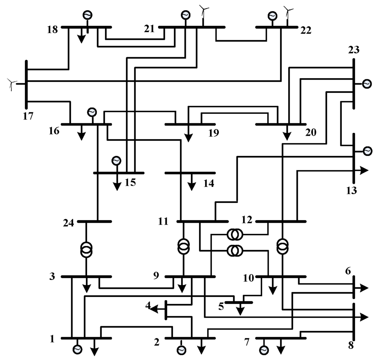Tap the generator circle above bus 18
click(87, 15)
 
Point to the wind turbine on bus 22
click(289, 13)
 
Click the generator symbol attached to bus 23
click(366, 84)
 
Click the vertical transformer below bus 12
click(282, 246)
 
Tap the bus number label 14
click(209, 183)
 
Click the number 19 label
click(213, 133)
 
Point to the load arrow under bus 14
click(191, 185)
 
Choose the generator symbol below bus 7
click(263, 350)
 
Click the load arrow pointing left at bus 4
click(156, 309)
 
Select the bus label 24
click(68, 222)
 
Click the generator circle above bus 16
click(91, 112)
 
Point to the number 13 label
click(351, 190)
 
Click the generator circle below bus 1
click(77, 349)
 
